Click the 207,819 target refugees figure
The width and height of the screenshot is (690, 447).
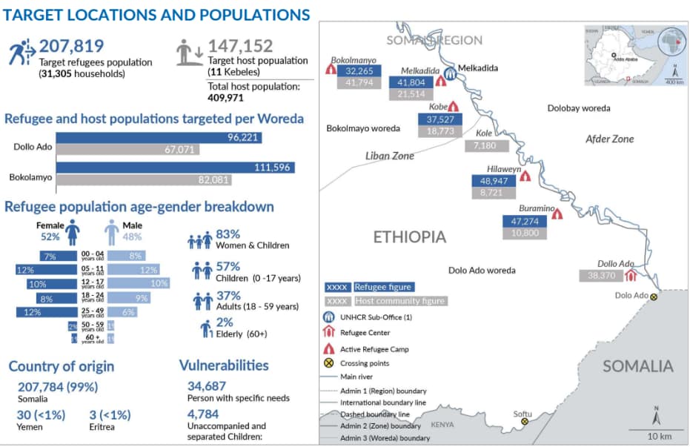point(71,46)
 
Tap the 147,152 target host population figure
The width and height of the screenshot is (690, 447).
point(240,46)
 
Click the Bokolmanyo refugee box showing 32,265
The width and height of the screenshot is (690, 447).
point(359,70)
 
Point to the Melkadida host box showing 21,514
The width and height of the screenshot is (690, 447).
point(411,94)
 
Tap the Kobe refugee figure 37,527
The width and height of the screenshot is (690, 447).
point(440,119)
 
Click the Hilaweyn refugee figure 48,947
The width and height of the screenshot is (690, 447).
point(494,180)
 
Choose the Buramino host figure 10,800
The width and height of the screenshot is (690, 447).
point(524,233)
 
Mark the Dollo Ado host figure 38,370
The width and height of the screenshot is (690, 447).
point(601,275)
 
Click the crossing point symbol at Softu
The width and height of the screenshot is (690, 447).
point(525,421)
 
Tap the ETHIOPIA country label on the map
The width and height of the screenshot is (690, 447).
point(409,237)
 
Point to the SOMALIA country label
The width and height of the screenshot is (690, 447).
point(637,365)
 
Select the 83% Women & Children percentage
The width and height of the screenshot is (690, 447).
point(227,234)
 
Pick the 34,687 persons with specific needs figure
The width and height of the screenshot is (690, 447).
point(208,386)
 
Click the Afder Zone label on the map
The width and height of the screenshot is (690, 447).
point(609,139)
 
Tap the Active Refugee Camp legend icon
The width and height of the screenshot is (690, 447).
point(328,348)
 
